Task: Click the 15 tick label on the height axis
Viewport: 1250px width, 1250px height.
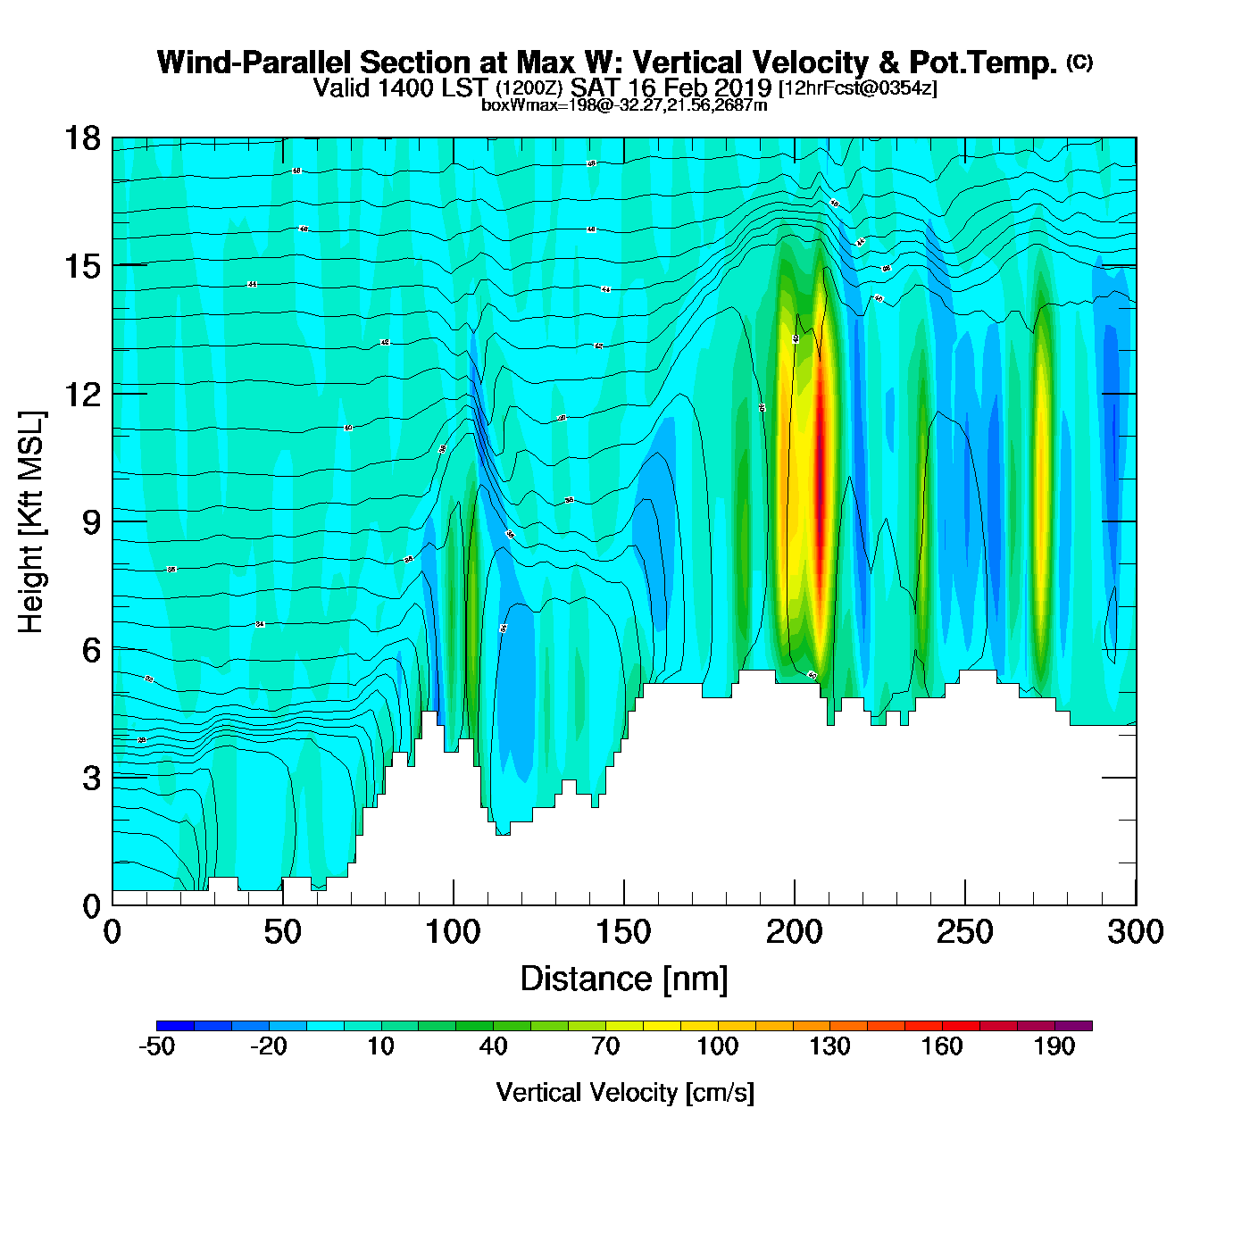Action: [x=83, y=266]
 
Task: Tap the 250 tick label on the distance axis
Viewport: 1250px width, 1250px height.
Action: [x=964, y=932]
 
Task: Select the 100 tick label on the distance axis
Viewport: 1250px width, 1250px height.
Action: [x=453, y=932]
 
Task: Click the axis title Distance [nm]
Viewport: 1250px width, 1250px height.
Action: [x=624, y=979]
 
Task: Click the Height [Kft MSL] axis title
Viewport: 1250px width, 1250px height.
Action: [x=31, y=522]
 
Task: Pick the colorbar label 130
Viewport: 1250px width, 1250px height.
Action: [x=829, y=1046]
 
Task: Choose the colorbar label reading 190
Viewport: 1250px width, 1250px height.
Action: [x=1054, y=1046]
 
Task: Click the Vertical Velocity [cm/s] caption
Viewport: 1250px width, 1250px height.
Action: [x=625, y=1093]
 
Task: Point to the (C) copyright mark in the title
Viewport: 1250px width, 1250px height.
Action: [x=1079, y=62]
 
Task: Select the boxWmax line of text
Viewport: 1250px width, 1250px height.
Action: [x=624, y=104]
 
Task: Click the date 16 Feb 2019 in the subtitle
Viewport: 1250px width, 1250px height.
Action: [x=699, y=87]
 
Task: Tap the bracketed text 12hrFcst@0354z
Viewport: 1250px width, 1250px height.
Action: [x=858, y=88]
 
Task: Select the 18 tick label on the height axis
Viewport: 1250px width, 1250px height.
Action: [x=83, y=138]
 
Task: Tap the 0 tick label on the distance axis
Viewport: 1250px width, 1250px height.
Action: [x=112, y=932]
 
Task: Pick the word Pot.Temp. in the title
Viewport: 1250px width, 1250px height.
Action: [x=982, y=62]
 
